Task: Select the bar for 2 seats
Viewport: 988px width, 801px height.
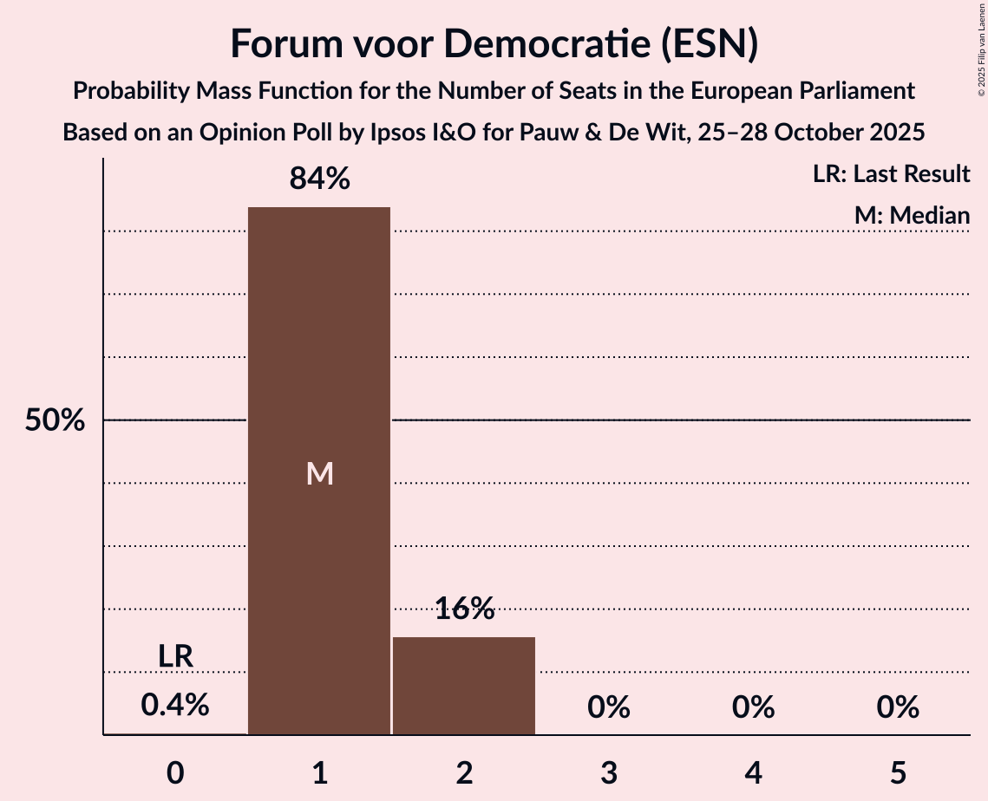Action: click(x=464, y=686)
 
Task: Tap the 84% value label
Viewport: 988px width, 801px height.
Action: click(x=319, y=179)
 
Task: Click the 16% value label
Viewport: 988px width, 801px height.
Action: click(x=464, y=609)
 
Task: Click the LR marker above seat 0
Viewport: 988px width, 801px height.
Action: click(x=175, y=657)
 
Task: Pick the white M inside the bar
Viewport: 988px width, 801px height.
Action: click(x=319, y=473)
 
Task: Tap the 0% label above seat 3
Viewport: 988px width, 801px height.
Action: click(x=608, y=707)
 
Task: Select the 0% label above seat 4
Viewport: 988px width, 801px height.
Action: click(x=753, y=707)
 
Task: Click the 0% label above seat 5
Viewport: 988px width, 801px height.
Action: click(x=897, y=707)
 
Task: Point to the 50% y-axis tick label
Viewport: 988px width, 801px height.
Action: click(x=55, y=420)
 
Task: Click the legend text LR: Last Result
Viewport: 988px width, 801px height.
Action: click(x=891, y=174)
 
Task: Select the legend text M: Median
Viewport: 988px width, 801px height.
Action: click(x=912, y=216)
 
